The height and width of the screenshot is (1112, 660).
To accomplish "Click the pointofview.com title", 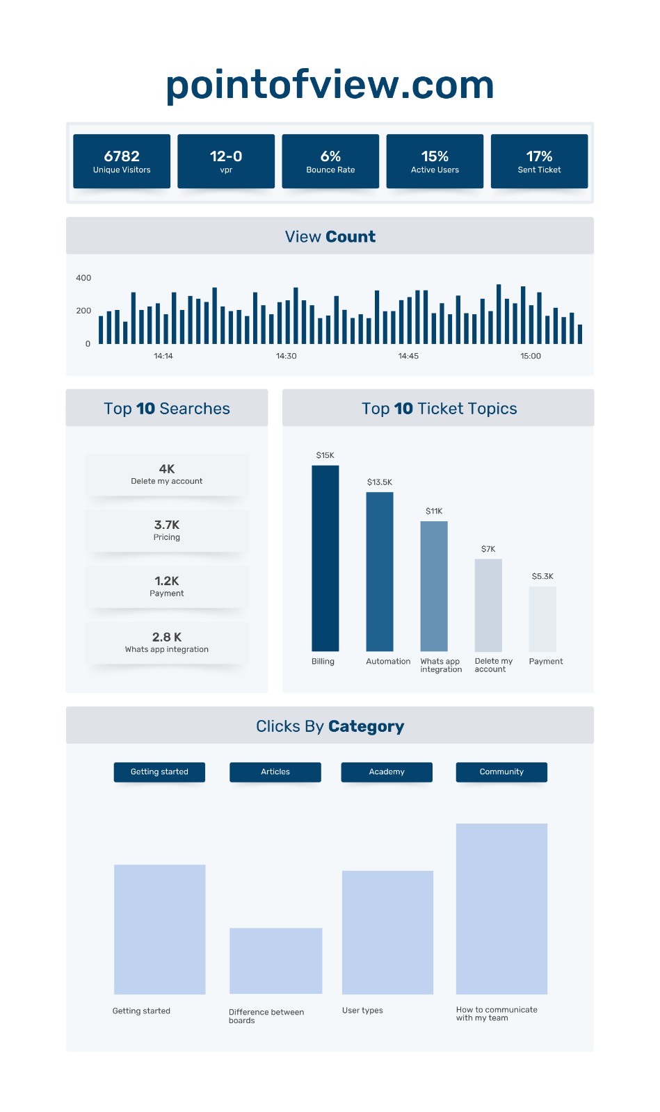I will (x=330, y=85).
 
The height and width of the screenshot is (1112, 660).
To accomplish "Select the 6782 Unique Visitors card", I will (x=122, y=161).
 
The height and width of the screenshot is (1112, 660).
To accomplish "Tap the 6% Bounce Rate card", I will (x=330, y=161).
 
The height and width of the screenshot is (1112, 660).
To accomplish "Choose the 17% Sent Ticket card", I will (x=539, y=161).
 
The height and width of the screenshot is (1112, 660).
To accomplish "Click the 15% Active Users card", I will (x=435, y=161).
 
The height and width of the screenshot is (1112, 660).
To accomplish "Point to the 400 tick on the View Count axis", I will (x=83, y=278).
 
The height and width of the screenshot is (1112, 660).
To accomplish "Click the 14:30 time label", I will (x=286, y=356).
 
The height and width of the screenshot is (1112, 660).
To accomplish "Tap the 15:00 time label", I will (x=531, y=356).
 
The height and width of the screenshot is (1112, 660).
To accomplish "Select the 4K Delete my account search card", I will (x=167, y=475).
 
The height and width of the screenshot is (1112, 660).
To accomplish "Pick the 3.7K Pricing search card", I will (x=167, y=531).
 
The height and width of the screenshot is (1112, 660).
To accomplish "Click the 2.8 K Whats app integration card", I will (x=167, y=643).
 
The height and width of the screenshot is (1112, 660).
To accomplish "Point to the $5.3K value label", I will (x=542, y=576).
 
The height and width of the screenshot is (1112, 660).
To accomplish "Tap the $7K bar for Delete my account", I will (x=488, y=605).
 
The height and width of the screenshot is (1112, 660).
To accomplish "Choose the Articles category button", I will (x=275, y=772).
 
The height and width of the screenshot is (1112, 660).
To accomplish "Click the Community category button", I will (x=501, y=772).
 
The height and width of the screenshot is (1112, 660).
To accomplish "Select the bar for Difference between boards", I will (x=275, y=960).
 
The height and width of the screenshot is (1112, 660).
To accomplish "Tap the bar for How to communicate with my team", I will (x=501, y=908).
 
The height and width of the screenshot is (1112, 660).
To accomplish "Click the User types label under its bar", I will (x=362, y=1011).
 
